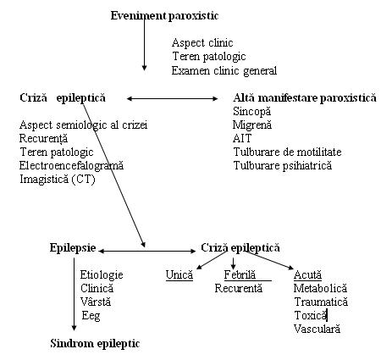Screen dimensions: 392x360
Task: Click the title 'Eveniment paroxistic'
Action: pyautogui.click(x=164, y=16)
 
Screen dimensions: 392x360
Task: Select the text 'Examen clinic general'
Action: pyautogui.click(x=224, y=70)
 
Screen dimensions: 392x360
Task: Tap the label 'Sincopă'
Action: pyautogui.click(x=251, y=112)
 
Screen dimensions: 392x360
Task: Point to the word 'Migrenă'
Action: pyautogui.click(x=252, y=125)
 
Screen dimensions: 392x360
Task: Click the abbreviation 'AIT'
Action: pyautogui.click(x=242, y=138)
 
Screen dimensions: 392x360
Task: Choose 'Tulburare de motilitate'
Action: pyautogui.click(x=287, y=152)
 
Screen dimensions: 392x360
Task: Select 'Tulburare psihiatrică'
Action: pyautogui.click(x=283, y=165)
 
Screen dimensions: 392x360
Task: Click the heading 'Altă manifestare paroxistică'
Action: pyautogui.click(x=305, y=98)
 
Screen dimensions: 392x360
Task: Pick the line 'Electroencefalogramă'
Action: pyautogui.click(x=71, y=165)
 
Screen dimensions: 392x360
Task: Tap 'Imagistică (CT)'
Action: pyautogui.click(x=58, y=179)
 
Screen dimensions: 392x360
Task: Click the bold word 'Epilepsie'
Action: pyautogui.click(x=73, y=248)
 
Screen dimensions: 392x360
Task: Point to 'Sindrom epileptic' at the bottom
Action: pyautogui.click(x=95, y=344)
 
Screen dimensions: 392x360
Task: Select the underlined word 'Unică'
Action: pyautogui.click(x=179, y=274)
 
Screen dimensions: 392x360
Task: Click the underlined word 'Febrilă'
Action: pyautogui.click(x=240, y=274)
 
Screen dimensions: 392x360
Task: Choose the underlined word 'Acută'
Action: pyautogui.click(x=307, y=274)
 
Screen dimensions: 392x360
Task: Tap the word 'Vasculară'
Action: pyautogui.click(x=317, y=329)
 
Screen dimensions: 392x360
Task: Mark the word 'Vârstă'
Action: pyautogui.click(x=96, y=302)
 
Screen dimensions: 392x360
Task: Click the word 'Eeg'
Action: pyautogui.click(x=91, y=316)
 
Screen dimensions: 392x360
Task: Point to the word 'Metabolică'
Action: pyautogui.click(x=320, y=288)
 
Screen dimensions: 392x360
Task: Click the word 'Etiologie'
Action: pyautogui.click(x=102, y=275)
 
